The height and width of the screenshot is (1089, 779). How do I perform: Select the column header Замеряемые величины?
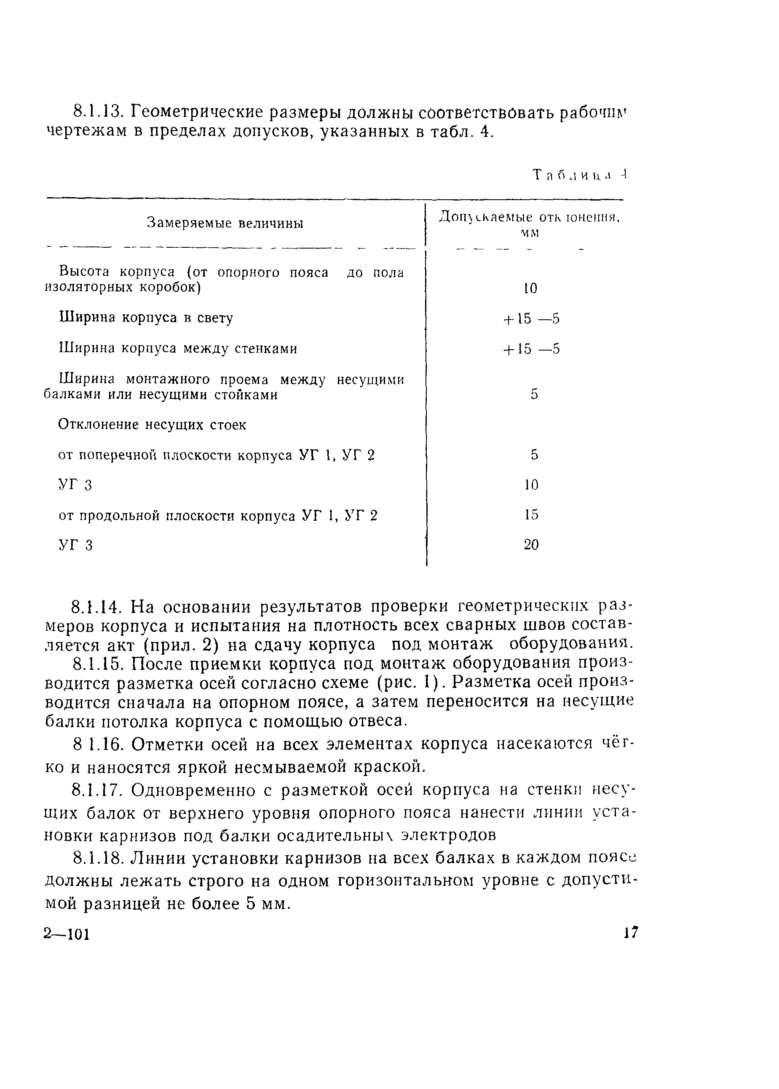tap(225, 223)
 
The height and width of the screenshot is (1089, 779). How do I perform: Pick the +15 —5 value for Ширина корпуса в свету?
tap(531, 319)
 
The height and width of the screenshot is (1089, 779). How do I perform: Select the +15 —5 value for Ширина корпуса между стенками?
tap(531, 349)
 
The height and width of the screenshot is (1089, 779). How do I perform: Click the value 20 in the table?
tap(531, 545)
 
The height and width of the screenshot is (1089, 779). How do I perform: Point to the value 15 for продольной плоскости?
tap(531, 514)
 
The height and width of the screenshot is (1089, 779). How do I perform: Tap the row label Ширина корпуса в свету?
tap(146, 318)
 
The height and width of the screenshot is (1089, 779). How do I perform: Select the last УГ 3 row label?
tap(75, 545)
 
